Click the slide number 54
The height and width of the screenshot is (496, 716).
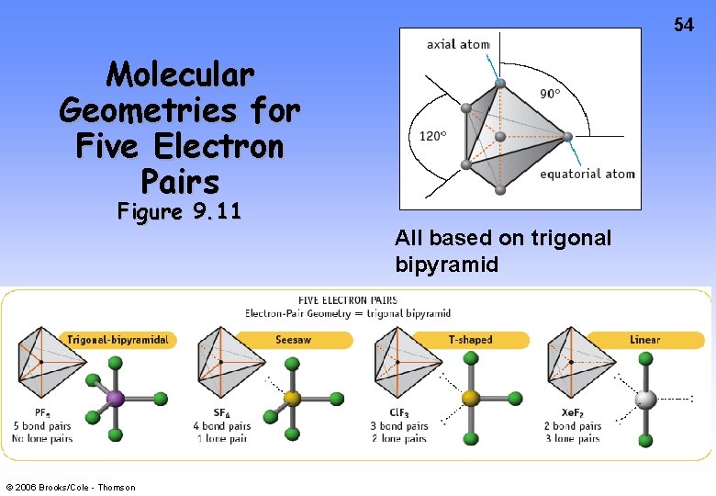[684, 25]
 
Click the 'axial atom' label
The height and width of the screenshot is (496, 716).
[458, 44]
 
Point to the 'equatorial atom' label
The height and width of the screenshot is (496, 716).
[587, 174]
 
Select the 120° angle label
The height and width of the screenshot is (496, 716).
[432, 136]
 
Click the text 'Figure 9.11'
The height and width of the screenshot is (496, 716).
[179, 212]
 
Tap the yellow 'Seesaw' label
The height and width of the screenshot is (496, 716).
[293, 340]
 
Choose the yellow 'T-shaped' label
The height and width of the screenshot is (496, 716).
[470, 340]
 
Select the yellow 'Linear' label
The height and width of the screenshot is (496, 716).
[644, 340]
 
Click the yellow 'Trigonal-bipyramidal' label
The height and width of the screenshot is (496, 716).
[117, 340]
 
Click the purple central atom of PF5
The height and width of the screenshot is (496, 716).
[116, 399]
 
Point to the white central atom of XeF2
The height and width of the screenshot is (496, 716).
[646, 399]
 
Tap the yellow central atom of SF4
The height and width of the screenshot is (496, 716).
[293, 399]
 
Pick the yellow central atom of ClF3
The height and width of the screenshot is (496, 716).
[470, 399]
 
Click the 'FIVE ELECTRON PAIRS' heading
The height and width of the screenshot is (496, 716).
[347, 299]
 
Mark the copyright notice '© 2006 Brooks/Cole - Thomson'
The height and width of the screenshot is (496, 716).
[69, 487]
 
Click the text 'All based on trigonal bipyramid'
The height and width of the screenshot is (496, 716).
[502, 251]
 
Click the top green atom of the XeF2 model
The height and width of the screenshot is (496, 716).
[646, 364]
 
